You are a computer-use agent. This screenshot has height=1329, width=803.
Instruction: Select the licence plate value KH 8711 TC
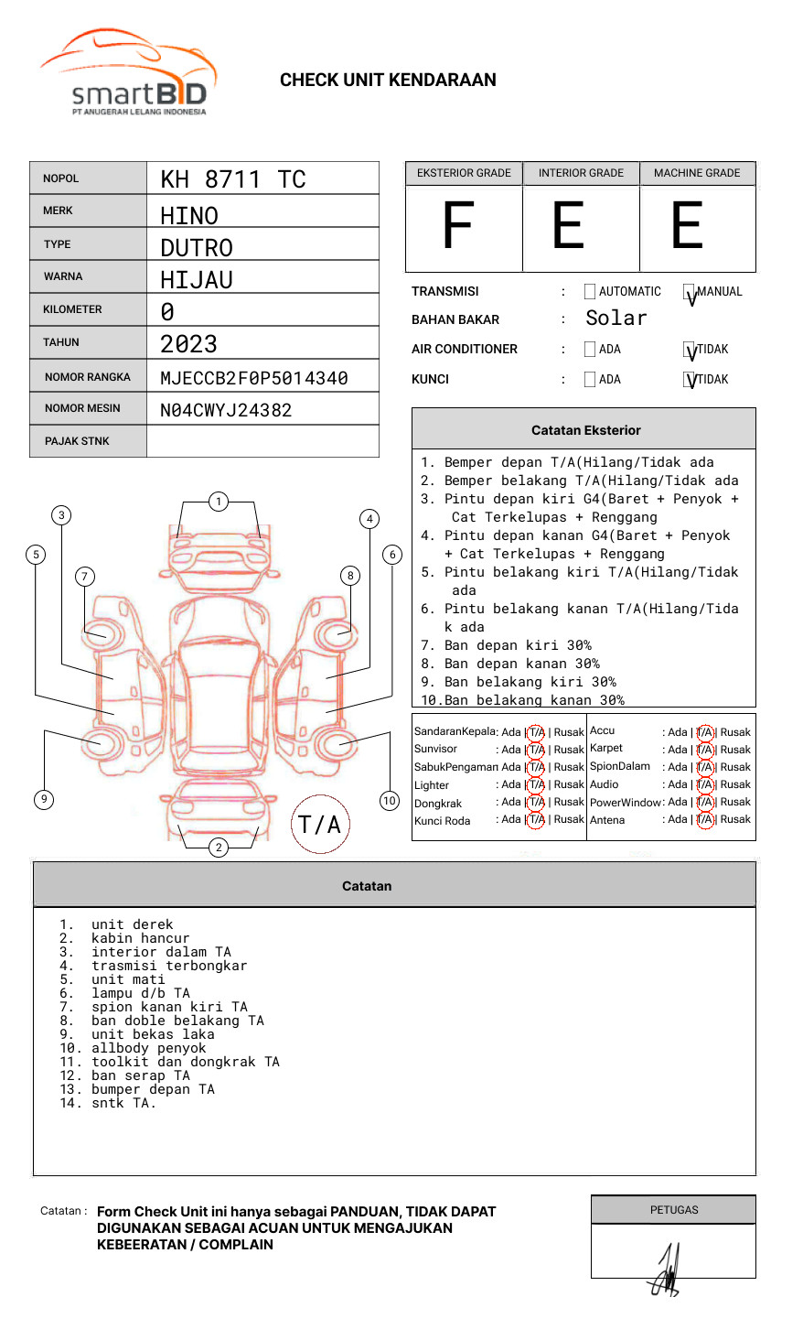click(x=232, y=179)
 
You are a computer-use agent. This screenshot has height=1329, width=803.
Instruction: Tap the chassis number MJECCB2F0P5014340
click(x=253, y=378)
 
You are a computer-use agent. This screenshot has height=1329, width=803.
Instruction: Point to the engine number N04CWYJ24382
click(x=226, y=410)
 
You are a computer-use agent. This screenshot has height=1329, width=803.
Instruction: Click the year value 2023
click(x=188, y=344)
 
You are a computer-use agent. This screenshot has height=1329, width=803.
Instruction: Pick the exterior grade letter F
click(x=457, y=226)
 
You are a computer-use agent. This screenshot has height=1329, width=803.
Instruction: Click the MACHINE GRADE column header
click(x=697, y=173)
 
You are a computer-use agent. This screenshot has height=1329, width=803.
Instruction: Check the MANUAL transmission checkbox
click(x=690, y=293)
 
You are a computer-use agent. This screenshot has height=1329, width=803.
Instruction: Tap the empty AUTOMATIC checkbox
click(x=590, y=292)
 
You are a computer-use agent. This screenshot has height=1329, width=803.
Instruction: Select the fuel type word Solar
click(x=616, y=319)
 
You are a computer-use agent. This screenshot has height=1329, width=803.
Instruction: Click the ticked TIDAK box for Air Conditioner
click(x=690, y=351)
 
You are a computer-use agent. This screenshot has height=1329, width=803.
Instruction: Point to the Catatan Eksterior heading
click(x=585, y=430)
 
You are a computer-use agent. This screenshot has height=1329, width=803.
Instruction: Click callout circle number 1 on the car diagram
click(x=218, y=502)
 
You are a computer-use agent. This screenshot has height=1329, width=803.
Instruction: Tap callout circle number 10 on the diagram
click(x=390, y=801)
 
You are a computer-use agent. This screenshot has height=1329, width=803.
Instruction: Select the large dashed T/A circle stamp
click(x=319, y=825)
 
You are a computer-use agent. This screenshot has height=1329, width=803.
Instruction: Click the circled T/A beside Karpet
click(x=705, y=750)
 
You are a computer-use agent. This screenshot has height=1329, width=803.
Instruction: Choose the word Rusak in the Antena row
click(x=735, y=819)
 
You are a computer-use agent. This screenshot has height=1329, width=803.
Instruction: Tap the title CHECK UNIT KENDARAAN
click(x=388, y=81)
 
